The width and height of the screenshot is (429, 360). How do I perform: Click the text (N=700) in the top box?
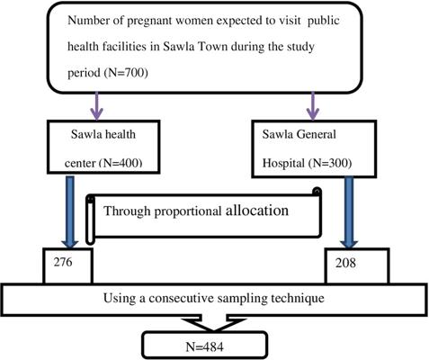[126, 73]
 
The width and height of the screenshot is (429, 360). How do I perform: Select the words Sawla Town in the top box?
[195, 47]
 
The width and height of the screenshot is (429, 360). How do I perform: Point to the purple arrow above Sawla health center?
[96, 105]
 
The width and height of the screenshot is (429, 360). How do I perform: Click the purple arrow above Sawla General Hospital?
[313, 105]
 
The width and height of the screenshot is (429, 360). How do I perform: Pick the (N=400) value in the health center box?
[121, 163]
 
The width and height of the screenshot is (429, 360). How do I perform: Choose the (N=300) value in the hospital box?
[329, 163]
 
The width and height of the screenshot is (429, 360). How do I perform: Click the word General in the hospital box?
[316, 134]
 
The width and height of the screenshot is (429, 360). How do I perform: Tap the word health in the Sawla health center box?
[121, 134]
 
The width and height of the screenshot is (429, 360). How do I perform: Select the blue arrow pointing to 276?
[69, 212]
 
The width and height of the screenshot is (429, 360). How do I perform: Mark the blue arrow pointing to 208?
[348, 212]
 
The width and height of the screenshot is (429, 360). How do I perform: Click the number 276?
[63, 262]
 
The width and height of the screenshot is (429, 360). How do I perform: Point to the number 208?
[345, 263]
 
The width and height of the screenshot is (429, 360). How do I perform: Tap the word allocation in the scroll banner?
[257, 211]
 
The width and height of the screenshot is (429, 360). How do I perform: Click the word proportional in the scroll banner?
[188, 211]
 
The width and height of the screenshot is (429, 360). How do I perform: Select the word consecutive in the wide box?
[181, 298]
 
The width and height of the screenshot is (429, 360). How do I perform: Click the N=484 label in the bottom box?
[204, 346]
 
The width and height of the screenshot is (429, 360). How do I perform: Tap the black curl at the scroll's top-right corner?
[317, 192]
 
